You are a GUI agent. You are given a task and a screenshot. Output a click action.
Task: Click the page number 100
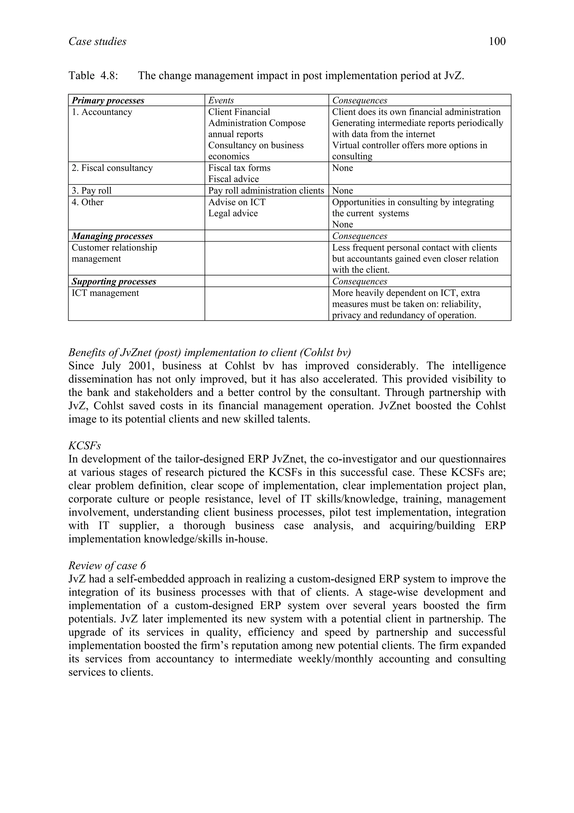click(497, 42)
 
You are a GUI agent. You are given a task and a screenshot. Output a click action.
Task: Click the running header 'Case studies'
click(97, 42)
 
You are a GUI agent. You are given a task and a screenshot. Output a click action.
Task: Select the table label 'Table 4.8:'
click(93, 75)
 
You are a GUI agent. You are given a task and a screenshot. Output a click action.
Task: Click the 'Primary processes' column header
click(108, 100)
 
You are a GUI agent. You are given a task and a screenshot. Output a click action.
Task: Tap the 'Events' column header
click(221, 100)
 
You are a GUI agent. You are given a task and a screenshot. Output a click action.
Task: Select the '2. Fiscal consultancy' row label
click(112, 168)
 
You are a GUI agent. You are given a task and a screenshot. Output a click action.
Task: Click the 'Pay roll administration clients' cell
click(266, 190)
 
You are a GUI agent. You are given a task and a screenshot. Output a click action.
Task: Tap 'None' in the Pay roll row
click(342, 190)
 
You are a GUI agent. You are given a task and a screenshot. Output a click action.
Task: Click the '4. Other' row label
click(87, 202)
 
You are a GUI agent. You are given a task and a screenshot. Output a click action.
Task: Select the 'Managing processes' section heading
click(112, 236)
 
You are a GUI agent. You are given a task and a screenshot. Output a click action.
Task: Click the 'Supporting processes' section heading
click(114, 281)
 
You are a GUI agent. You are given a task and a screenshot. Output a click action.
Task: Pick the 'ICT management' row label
click(105, 293)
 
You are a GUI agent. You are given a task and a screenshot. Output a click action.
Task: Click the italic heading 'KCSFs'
click(85, 446)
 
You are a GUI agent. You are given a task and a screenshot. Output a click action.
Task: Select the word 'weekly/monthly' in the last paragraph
click(361, 659)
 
